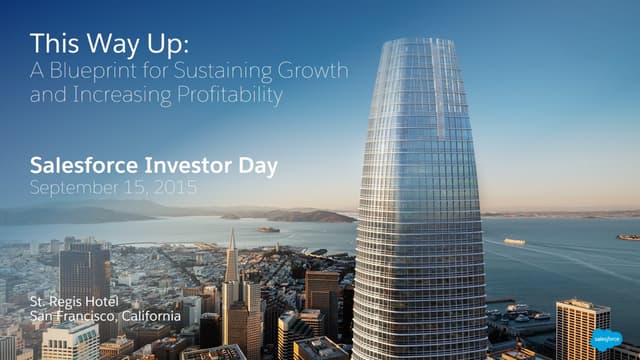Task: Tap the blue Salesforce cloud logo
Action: coord(604,338)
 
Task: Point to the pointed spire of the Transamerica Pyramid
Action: coord(231,240)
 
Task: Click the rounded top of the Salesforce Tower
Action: coord(418,45)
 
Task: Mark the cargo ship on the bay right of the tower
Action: coord(514,241)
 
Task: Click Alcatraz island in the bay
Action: coord(267,230)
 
